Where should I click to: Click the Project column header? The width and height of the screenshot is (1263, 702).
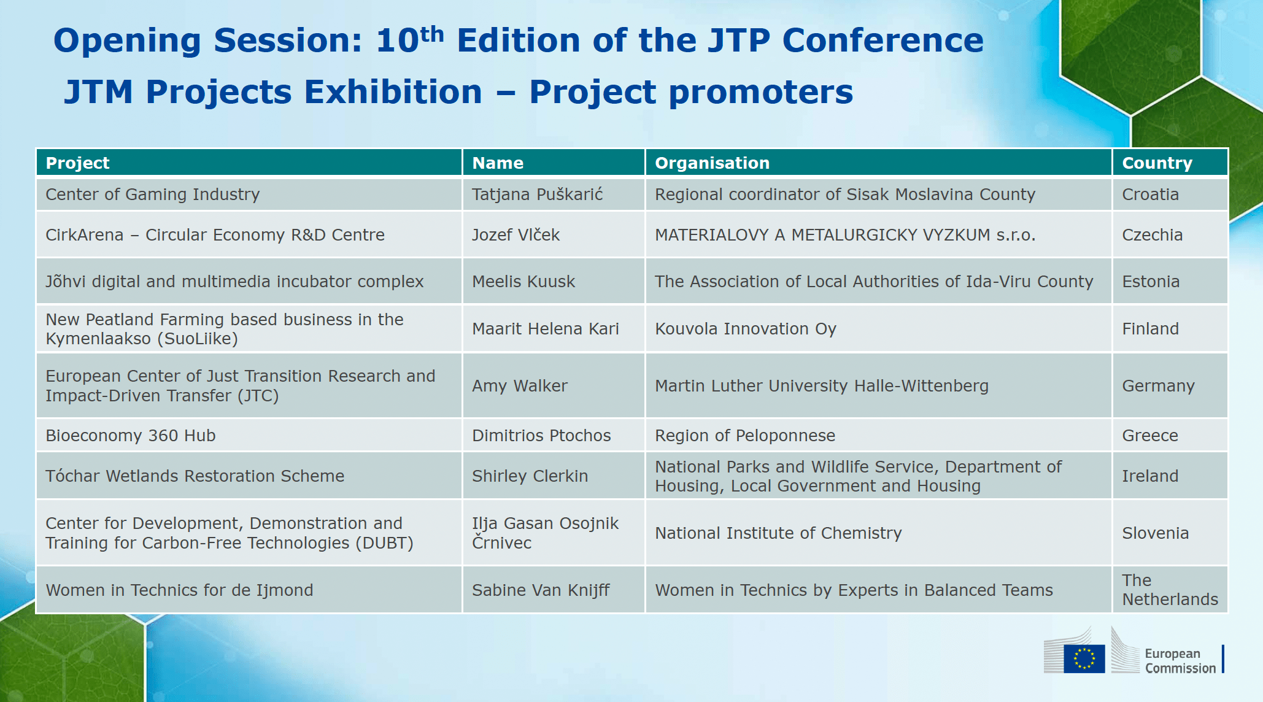click(x=77, y=163)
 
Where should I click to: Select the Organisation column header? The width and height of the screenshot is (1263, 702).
click(x=712, y=163)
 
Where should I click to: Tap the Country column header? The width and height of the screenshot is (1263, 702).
click(x=1157, y=163)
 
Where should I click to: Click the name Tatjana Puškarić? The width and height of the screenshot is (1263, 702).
click(x=537, y=195)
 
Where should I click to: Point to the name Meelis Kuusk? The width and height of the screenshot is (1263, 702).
click(x=523, y=282)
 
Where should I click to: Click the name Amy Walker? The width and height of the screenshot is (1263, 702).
click(x=520, y=386)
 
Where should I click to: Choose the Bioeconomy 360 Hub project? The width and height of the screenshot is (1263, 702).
click(x=131, y=436)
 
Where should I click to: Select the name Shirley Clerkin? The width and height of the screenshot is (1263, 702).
click(x=530, y=476)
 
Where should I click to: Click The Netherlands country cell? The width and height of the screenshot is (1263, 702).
click(x=1170, y=590)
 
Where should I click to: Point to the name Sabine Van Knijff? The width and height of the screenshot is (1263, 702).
click(x=541, y=590)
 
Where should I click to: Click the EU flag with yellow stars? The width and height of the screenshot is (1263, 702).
click(x=1084, y=658)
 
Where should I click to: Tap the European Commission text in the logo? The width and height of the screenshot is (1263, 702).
click(x=1180, y=661)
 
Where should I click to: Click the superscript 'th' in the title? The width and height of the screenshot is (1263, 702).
click(x=432, y=34)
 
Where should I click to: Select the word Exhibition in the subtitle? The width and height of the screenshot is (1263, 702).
click(x=393, y=92)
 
